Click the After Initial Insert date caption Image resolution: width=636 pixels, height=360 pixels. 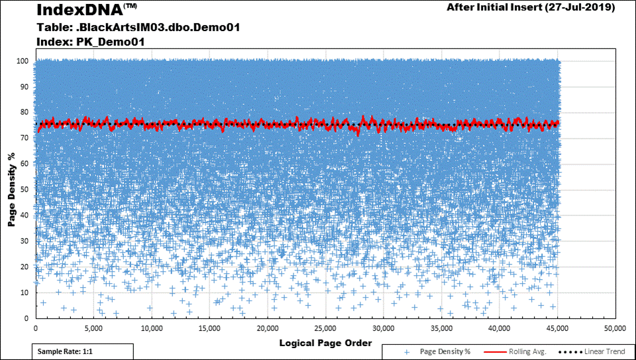click(x=531, y=8)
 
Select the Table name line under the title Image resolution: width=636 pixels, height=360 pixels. click(x=137, y=27)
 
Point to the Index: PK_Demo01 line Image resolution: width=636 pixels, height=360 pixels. click(x=90, y=42)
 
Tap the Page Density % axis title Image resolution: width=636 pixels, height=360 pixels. click(x=12, y=190)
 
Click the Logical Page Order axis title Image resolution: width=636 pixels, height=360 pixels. click(x=325, y=343)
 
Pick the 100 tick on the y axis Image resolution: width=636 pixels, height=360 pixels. click(x=22, y=61)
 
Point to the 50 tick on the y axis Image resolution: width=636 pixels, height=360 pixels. click(x=24, y=190)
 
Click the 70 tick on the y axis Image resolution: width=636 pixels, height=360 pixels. click(x=24, y=138)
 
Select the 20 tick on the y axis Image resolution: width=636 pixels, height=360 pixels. click(x=24, y=267)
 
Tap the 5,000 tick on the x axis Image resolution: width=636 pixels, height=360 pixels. click(x=93, y=328)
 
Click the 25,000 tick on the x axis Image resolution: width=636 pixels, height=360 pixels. click(x=325, y=328)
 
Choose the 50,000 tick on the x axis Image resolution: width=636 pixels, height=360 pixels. click(x=615, y=328)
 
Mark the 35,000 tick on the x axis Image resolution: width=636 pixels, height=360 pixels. click(x=441, y=328)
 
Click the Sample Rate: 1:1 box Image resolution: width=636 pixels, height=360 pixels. click(x=83, y=351)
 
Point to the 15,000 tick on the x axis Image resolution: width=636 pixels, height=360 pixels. click(x=209, y=328)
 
